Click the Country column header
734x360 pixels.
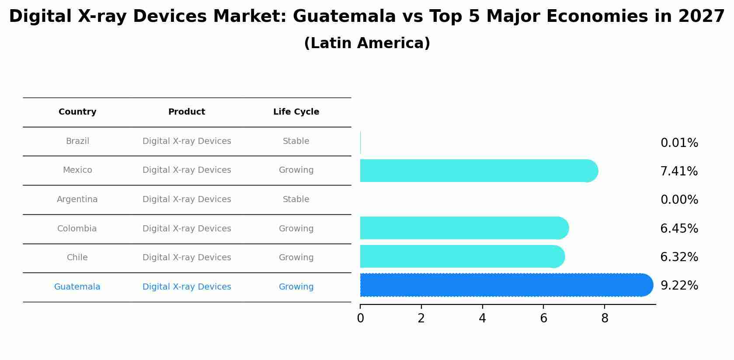(77, 112)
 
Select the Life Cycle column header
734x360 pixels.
(296, 112)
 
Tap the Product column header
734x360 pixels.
(187, 112)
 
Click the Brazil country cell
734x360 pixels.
(77, 141)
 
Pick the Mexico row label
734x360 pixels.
(77, 170)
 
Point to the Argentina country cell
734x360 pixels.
(77, 199)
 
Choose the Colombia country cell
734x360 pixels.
(77, 229)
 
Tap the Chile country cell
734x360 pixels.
(77, 258)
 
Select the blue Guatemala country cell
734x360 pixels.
(77, 287)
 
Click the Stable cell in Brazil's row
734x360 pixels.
(296, 141)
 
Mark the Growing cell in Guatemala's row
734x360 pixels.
(296, 287)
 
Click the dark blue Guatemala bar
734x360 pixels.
(503, 285)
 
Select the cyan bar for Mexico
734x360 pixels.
(477, 171)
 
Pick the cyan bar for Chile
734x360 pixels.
(459, 256)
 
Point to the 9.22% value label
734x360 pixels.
(679, 286)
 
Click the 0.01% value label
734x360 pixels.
(679, 143)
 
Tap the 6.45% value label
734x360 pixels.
(679, 229)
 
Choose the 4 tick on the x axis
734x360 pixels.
(482, 318)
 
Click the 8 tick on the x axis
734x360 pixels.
(605, 318)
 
